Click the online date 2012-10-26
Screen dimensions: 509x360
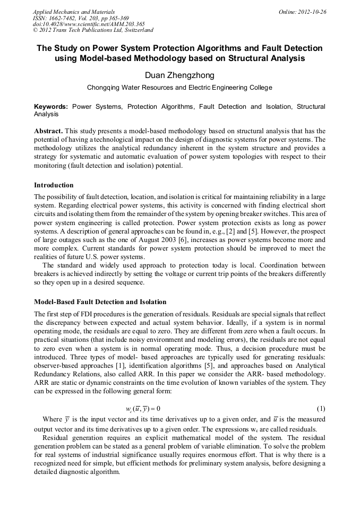click(x=302, y=12)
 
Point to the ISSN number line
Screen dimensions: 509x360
click(x=81, y=18)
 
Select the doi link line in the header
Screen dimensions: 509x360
click(x=89, y=24)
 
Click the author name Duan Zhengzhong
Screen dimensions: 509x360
click(x=179, y=75)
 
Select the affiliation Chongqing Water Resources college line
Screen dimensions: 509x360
click(x=179, y=88)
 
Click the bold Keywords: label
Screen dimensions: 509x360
click(x=51, y=107)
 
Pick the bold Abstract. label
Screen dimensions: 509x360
click(x=48, y=131)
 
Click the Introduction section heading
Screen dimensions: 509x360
click(x=54, y=185)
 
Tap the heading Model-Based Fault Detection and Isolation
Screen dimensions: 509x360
click(x=100, y=302)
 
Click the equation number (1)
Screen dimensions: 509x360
click(x=320, y=409)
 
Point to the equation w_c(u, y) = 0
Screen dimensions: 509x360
click(x=143, y=409)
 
